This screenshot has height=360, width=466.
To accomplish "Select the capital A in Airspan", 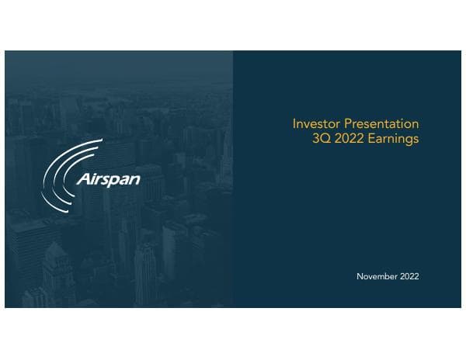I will click(x=82, y=180).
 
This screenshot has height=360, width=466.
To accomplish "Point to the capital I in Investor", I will click(x=294, y=124).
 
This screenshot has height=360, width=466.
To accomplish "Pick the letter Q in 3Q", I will click(x=322, y=139).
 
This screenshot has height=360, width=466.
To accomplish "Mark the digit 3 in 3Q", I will click(x=312, y=139).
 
